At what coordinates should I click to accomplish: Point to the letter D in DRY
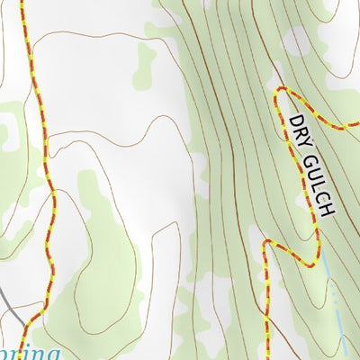point(294,120)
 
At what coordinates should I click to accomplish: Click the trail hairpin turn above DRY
point(278,93)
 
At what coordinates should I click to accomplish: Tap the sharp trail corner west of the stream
point(266,243)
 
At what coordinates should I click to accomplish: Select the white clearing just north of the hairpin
point(297,40)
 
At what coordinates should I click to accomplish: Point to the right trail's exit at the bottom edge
point(266,357)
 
